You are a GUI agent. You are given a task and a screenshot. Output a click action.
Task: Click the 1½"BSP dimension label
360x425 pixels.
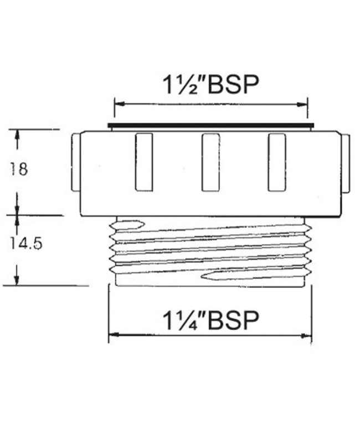point(210,85)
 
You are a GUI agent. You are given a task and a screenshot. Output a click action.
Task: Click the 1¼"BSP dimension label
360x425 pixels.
point(210,320)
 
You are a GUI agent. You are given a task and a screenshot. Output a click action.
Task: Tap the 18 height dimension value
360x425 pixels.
point(19,169)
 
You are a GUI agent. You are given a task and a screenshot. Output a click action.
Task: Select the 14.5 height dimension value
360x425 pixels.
point(26,243)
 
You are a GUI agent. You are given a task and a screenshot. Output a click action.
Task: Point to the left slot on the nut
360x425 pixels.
point(144,162)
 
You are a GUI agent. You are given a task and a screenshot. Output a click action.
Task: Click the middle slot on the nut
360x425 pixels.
point(210,162)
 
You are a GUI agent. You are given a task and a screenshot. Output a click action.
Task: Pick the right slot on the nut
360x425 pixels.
point(277,162)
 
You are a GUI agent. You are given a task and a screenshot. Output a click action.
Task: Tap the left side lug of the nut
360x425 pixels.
point(76,163)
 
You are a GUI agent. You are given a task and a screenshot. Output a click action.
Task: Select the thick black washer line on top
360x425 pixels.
point(211,125)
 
